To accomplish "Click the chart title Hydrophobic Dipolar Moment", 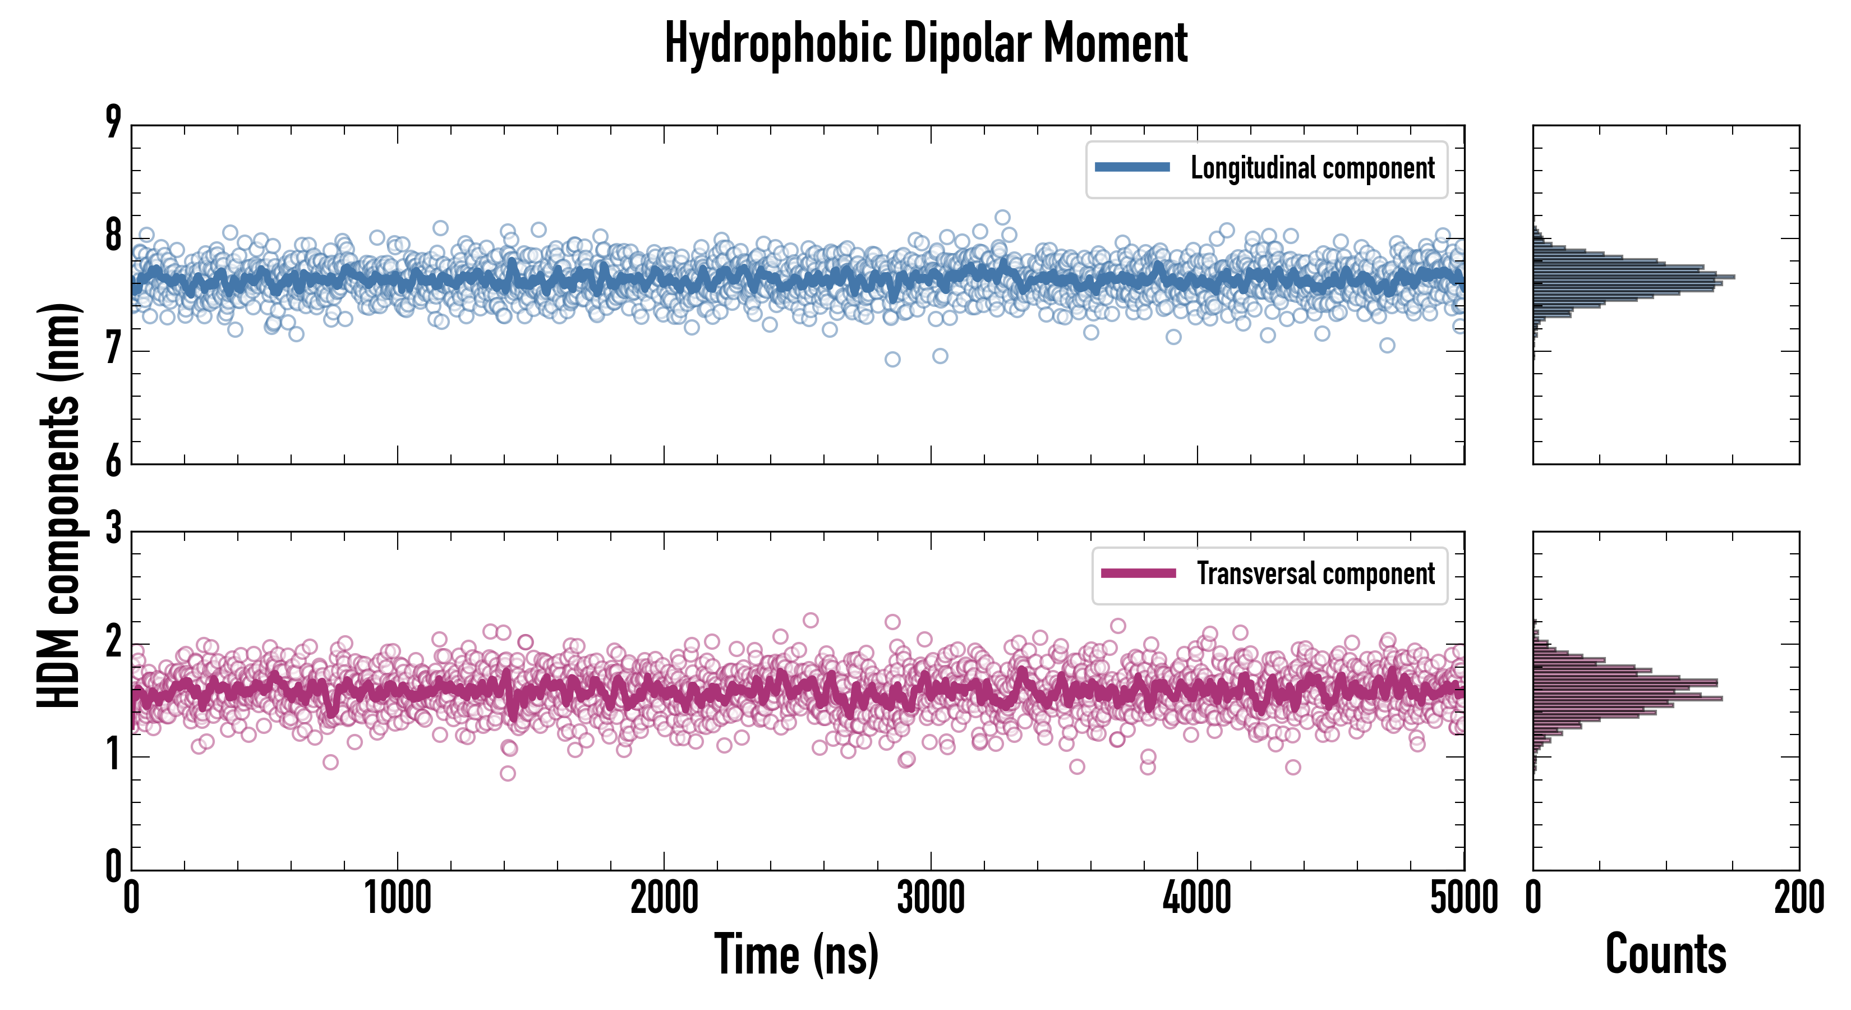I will pyautogui.click(x=925, y=43).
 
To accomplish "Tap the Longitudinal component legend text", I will pyautogui.click(x=1312, y=168).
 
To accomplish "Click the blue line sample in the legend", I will pyautogui.click(x=1132, y=168).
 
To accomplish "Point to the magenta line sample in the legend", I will pyautogui.click(x=1138, y=573).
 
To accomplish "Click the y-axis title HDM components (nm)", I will pyautogui.click(x=59, y=504).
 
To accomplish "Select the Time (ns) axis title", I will pyautogui.click(x=796, y=954).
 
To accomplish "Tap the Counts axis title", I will pyautogui.click(x=1665, y=954).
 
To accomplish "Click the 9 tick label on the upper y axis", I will pyautogui.click(x=113, y=122).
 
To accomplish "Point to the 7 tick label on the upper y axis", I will pyautogui.click(x=113, y=351).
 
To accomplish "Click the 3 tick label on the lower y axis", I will pyautogui.click(x=113, y=529).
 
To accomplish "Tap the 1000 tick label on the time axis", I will pyautogui.click(x=397, y=898).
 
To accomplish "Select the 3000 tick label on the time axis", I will pyautogui.click(x=931, y=898).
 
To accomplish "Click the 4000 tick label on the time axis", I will pyautogui.click(x=1197, y=898).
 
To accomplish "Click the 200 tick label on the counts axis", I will pyautogui.click(x=1798, y=898).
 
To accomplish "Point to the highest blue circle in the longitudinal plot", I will pyautogui.click(x=1002, y=217).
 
